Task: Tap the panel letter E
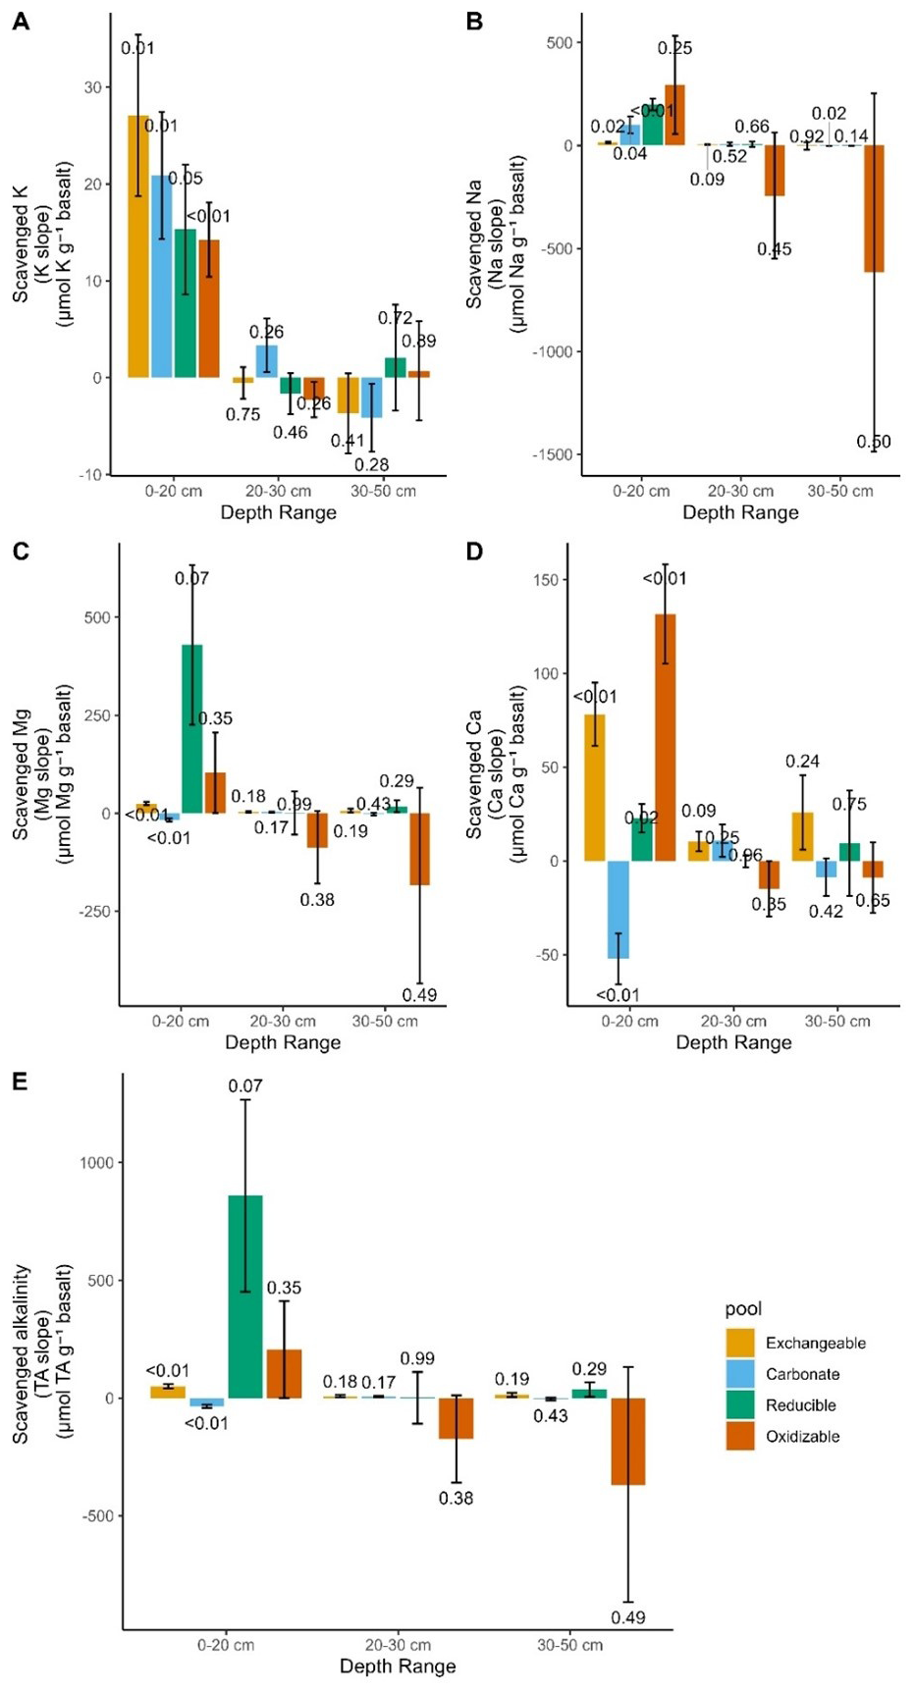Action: tap(18, 1084)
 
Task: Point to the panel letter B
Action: tap(475, 20)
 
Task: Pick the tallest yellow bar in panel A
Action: tap(138, 245)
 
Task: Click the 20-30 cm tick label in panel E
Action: tap(398, 1645)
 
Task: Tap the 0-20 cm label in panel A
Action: tap(174, 492)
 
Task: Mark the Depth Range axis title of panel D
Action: tap(733, 1042)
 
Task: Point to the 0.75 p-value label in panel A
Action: tap(242, 415)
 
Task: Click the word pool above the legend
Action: tap(744, 1309)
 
